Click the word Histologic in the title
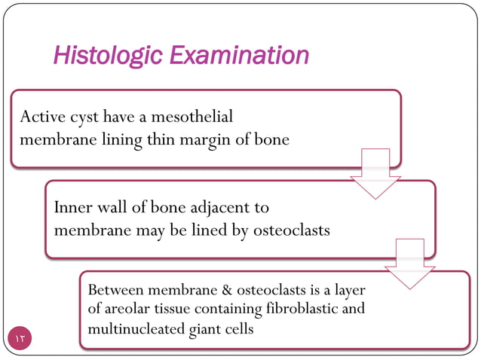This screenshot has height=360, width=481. tap(108, 56)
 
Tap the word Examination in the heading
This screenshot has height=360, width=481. tap(239, 56)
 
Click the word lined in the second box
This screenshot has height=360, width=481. tap(207, 230)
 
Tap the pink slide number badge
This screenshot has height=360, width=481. tap(20, 338)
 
